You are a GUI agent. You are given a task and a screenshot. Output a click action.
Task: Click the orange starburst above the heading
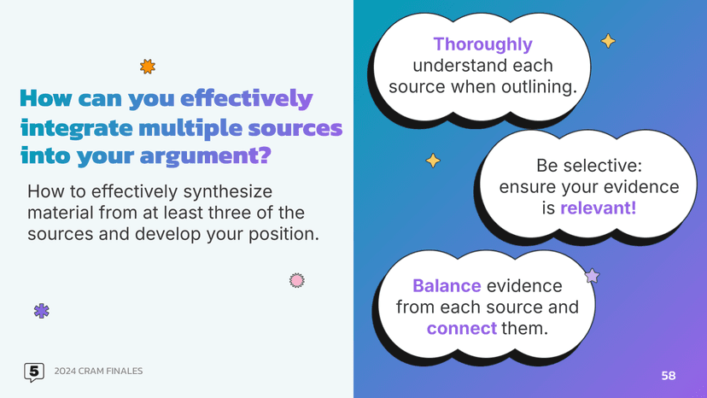pyautogui.click(x=148, y=67)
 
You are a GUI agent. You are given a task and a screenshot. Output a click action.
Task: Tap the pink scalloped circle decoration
pyautogui.click(x=296, y=280)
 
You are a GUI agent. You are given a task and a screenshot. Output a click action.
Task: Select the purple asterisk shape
pyautogui.click(x=41, y=311)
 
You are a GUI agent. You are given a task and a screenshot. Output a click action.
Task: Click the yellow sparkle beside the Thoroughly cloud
pyautogui.click(x=608, y=41)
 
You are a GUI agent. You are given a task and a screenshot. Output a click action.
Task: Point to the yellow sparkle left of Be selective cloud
pyautogui.click(x=433, y=161)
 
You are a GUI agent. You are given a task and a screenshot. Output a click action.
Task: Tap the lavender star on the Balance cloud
pyautogui.click(x=591, y=275)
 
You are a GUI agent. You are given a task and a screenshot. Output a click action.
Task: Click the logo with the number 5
pyautogui.click(x=33, y=372)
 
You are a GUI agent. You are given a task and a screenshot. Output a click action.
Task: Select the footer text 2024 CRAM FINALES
pyautogui.click(x=98, y=372)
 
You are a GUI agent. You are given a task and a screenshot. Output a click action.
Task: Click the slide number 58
pyautogui.click(x=669, y=376)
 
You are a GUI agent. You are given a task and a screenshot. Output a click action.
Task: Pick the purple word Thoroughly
pyautogui.click(x=482, y=44)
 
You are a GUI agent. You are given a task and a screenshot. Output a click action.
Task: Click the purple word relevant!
pyautogui.click(x=598, y=208)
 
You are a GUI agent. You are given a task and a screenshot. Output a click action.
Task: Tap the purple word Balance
pyautogui.click(x=447, y=286)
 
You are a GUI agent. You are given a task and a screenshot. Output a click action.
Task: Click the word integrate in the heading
pyautogui.click(x=75, y=128)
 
